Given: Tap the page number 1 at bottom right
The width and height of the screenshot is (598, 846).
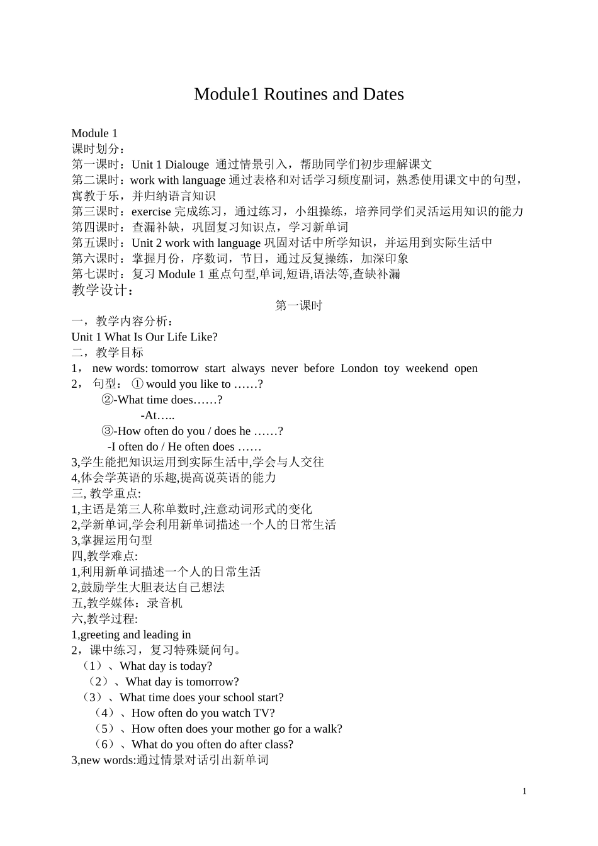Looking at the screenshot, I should tap(524, 791).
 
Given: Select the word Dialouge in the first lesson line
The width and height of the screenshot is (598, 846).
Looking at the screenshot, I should tap(186, 164).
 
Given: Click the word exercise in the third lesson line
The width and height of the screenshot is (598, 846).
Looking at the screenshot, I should tap(151, 211).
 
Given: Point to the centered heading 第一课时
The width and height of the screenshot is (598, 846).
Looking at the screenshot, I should tap(299, 305).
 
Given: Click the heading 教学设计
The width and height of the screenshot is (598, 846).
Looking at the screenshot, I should tap(103, 290).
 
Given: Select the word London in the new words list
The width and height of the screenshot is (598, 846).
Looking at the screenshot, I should tap(359, 368).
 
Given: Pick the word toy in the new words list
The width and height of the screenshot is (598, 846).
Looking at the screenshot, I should tap(392, 368).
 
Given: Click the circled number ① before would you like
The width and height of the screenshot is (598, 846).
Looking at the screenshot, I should tap(137, 384).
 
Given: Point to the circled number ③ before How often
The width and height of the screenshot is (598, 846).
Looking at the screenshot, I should tap(108, 431).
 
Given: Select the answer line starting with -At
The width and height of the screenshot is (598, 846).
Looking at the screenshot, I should tap(157, 415).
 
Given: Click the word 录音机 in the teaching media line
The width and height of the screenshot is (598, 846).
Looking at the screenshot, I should tap(164, 603).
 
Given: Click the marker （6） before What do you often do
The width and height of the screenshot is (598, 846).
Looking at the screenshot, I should tap(104, 745).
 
